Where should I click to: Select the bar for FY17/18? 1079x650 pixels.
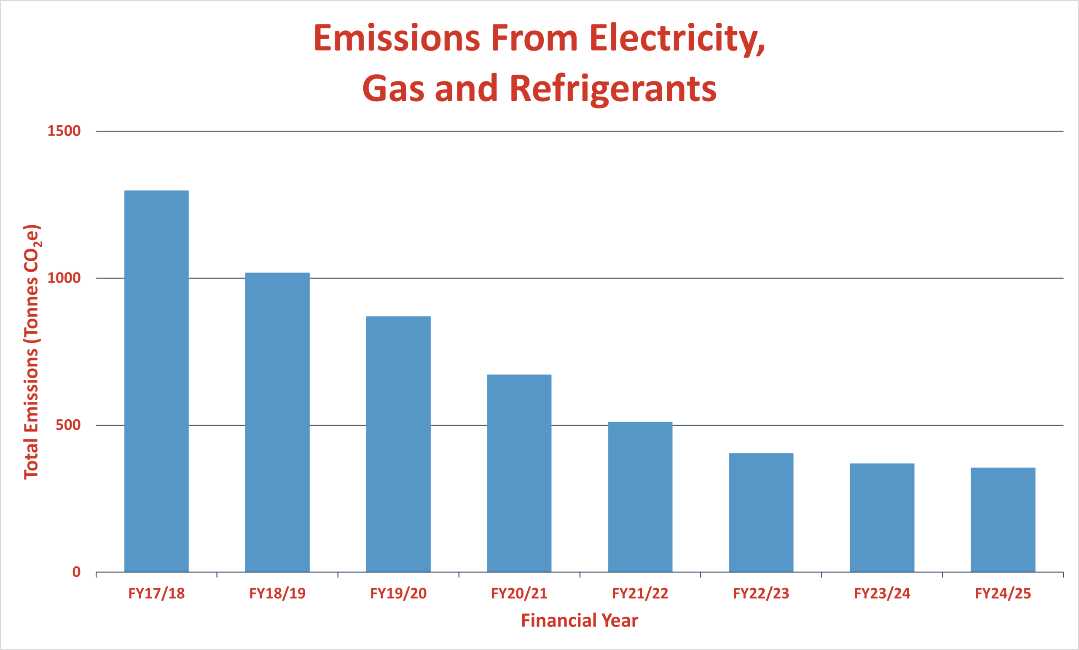(156, 381)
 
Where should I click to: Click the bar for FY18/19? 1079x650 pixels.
(277, 422)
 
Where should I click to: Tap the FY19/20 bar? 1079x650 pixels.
(398, 444)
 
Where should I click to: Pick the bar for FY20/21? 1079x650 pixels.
(519, 473)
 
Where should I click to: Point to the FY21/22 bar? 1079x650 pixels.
(640, 497)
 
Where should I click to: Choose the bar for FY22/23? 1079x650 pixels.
(761, 512)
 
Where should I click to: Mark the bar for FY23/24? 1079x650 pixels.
(882, 518)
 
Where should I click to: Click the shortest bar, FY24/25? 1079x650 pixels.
(1003, 520)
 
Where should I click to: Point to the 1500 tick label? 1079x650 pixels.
(64, 131)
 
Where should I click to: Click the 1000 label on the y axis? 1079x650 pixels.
(64, 278)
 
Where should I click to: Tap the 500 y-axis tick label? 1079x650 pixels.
(68, 425)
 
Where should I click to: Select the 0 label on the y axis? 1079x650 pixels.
(77, 572)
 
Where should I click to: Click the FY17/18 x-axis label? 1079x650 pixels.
(156, 593)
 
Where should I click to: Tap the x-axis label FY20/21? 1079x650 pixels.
(519, 593)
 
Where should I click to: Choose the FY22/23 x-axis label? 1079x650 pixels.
(761, 593)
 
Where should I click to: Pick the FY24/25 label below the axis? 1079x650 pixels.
(1003, 593)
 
